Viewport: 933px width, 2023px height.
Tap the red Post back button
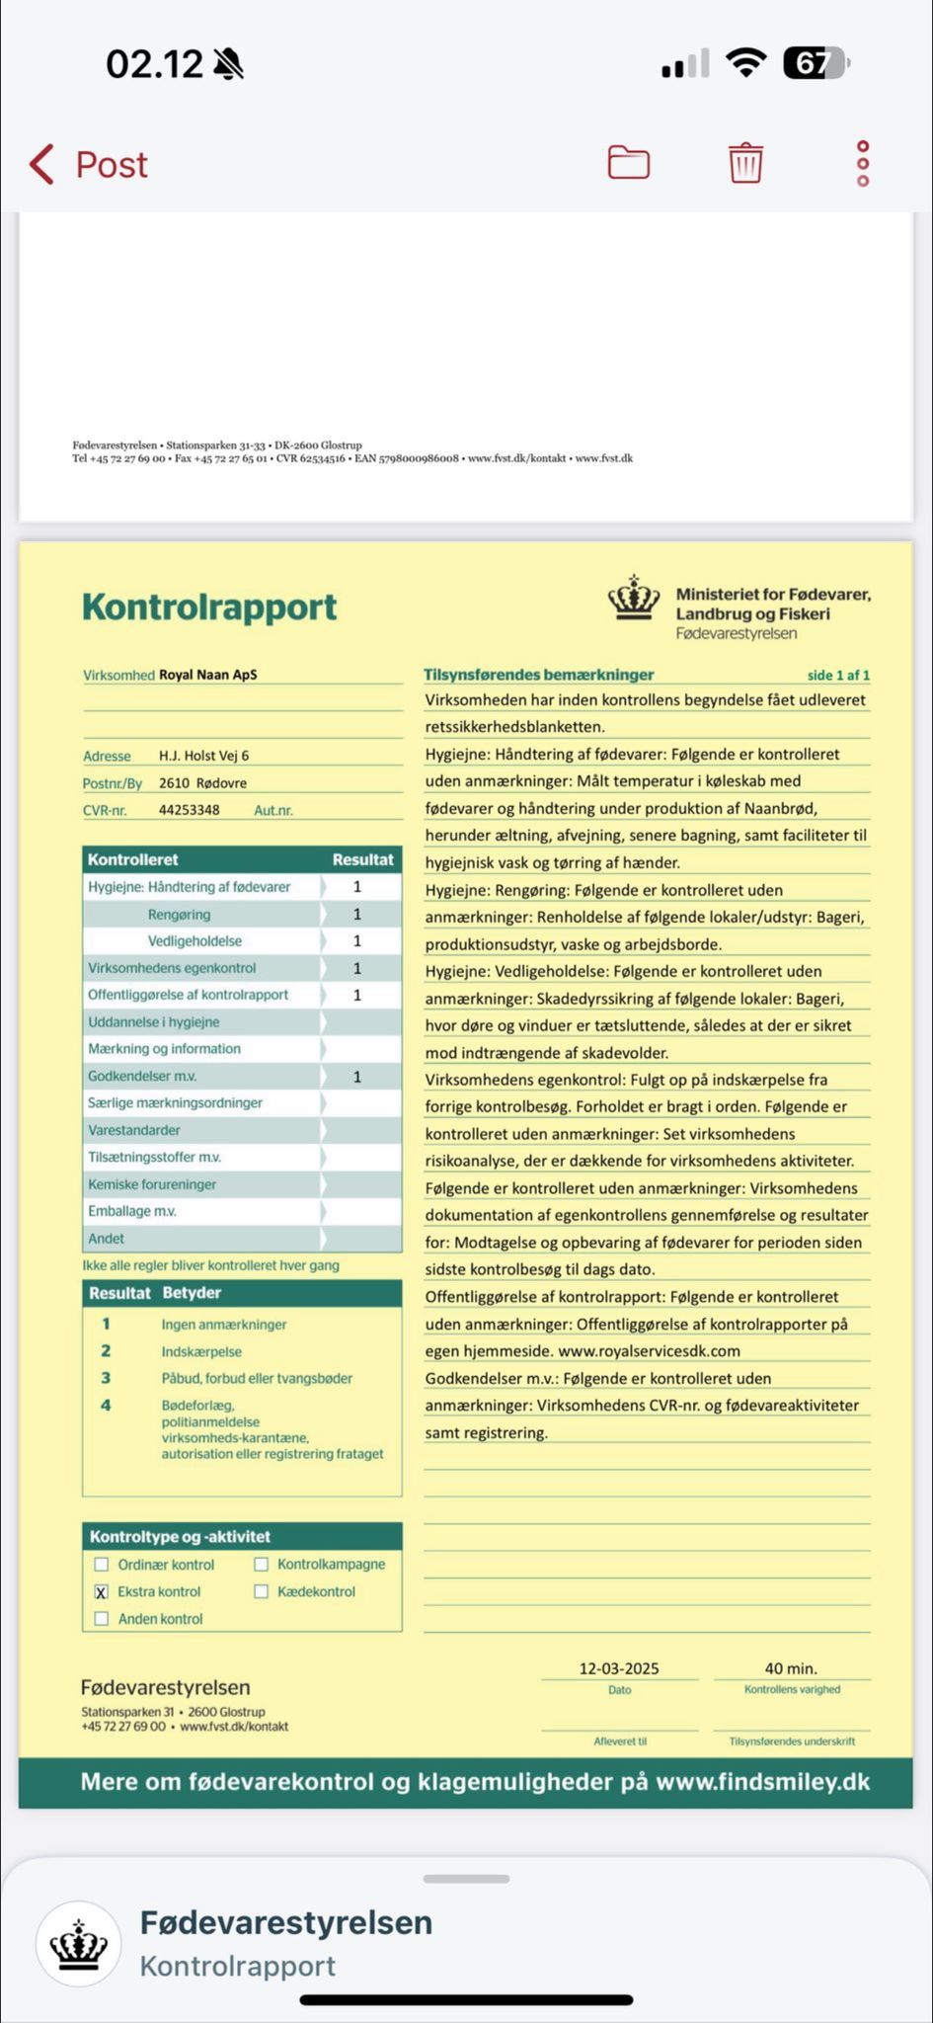click(x=89, y=164)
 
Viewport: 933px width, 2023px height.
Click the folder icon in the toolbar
click(x=628, y=162)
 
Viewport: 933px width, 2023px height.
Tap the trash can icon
click(x=746, y=163)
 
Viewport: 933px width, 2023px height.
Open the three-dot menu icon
click(x=863, y=163)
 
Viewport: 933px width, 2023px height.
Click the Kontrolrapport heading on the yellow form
click(x=209, y=607)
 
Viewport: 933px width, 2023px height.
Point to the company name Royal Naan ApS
click(x=208, y=676)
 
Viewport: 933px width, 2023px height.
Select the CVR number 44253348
click(x=190, y=810)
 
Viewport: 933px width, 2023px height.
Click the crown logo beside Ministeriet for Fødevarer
click(x=634, y=599)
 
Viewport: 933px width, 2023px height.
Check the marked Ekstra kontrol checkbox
click(x=101, y=1592)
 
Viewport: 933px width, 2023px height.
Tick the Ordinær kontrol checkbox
click(x=101, y=1565)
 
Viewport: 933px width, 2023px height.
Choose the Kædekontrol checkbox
click(x=261, y=1591)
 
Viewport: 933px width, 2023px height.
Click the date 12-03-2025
click(x=619, y=1668)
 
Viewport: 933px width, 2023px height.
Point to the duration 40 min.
click(x=791, y=1668)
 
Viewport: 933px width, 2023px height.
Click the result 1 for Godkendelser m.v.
click(x=357, y=1077)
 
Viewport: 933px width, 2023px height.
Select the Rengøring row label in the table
click(x=179, y=915)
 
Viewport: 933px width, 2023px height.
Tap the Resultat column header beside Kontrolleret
click(x=362, y=859)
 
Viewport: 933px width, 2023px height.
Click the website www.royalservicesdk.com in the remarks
click(x=649, y=1351)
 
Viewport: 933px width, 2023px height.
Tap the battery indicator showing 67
click(x=815, y=65)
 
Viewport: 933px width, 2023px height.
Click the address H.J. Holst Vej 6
click(x=204, y=756)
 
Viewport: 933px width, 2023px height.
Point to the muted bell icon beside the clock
click(x=229, y=65)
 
